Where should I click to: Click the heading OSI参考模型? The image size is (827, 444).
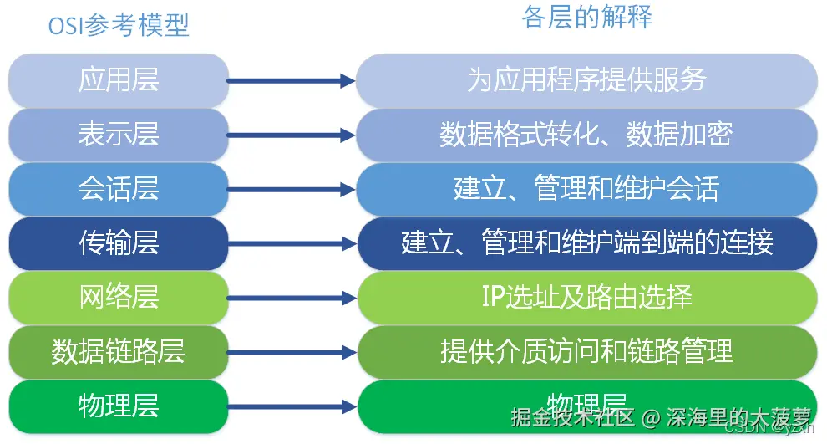(119, 24)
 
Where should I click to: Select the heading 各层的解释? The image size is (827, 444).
(586, 17)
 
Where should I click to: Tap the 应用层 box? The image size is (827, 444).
(119, 80)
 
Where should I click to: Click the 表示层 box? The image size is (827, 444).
(119, 134)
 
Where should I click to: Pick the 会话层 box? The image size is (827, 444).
(119, 188)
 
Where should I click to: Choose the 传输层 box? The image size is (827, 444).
(119, 242)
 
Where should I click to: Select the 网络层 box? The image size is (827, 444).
(119, 297)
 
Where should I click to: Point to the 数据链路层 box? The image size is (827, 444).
(119, 351)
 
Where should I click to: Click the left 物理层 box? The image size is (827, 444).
(119, 406)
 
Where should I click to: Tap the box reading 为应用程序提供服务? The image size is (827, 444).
(586, 80)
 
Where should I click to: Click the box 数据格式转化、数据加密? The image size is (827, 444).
(586, 134)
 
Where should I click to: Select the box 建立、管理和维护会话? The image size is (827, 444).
(586, 188)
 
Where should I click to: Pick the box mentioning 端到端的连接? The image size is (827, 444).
(586, 242)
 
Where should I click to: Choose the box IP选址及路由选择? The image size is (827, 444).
(586, 297)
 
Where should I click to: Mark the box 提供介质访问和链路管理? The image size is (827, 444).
(586, 351)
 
